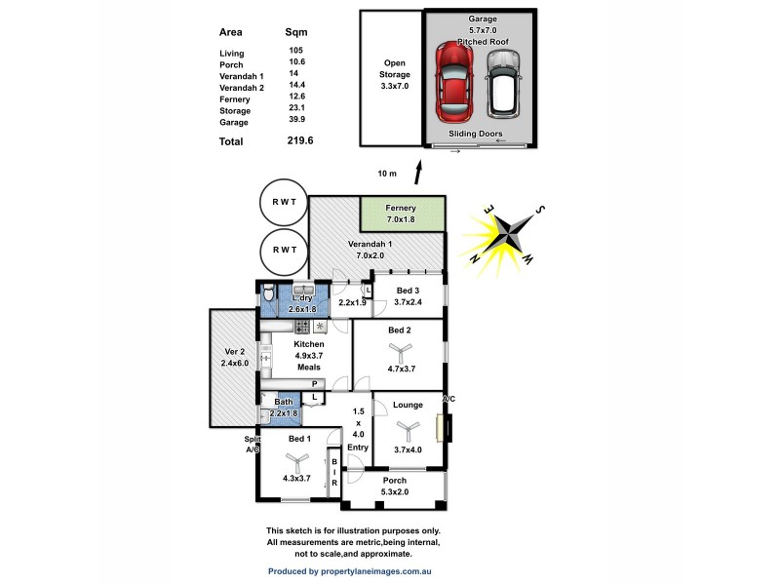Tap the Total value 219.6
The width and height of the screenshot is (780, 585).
[298, 139]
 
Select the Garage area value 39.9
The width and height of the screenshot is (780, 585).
[296, 121]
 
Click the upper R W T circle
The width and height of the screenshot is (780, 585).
[284, 202]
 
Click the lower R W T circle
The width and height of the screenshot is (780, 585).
[284, 250]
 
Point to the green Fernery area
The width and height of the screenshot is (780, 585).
[403, 214]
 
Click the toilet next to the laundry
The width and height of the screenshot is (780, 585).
[269, 292]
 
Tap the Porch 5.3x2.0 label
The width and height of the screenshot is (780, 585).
[395, 487]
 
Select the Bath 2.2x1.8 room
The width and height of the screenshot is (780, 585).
[281, 409]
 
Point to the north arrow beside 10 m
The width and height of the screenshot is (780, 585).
[419, 173]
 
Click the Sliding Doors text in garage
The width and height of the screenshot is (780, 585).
[476, 134]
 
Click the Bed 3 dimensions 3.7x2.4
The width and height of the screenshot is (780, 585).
[408, 303]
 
